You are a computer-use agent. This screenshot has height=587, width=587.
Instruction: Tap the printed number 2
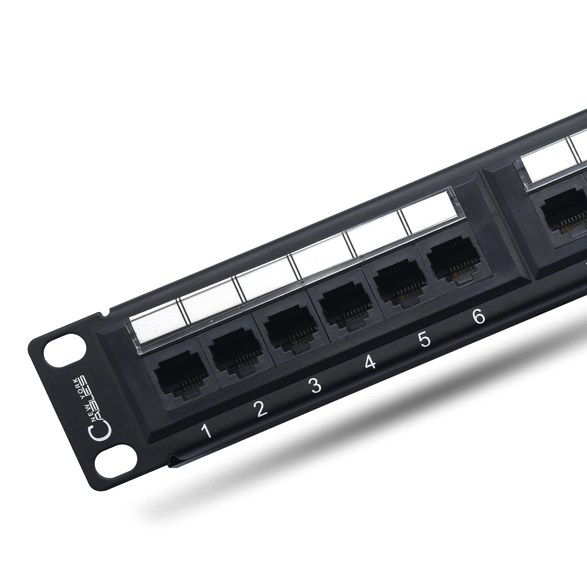(260, 409)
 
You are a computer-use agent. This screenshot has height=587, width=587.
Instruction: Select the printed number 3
(315, 386)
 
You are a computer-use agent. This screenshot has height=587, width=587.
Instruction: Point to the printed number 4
(370, 362)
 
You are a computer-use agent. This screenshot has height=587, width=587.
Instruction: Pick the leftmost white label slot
(155, 323)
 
